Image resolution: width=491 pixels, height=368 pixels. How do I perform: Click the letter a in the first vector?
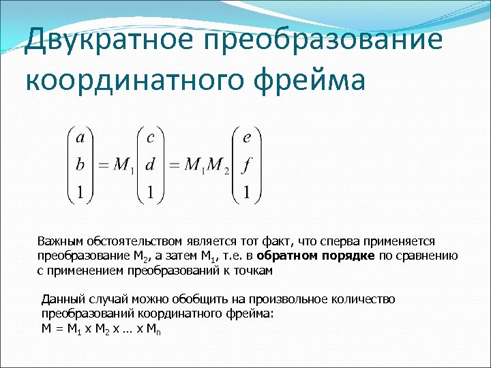pyautogui.click(x=80, y=138)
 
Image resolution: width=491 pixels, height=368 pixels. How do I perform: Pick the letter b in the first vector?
pyautogui.click(x=80, y=164)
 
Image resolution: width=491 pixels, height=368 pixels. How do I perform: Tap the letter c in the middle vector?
pyautogui.click(x=151, y=138)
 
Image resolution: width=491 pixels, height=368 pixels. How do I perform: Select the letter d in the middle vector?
pyautogui.click(x=151, y=164)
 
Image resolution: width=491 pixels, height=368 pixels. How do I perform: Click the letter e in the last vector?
pyautogui.click(x=246, y=138)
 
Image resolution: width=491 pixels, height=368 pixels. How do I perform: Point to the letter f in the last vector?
pyautogui.click(x=246, y=164)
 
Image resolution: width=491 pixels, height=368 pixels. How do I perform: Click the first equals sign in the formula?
pyautogui.click(x=102, y=166)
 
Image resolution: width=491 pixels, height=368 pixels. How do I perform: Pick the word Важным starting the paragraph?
pyautogui.click(x=59, y=241)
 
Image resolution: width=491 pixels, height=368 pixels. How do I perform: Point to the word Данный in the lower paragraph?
pyautogui.click(x=61, y=299)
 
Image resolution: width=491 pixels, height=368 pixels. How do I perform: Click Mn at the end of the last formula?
pyautogui.click(x=155, y=328)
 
